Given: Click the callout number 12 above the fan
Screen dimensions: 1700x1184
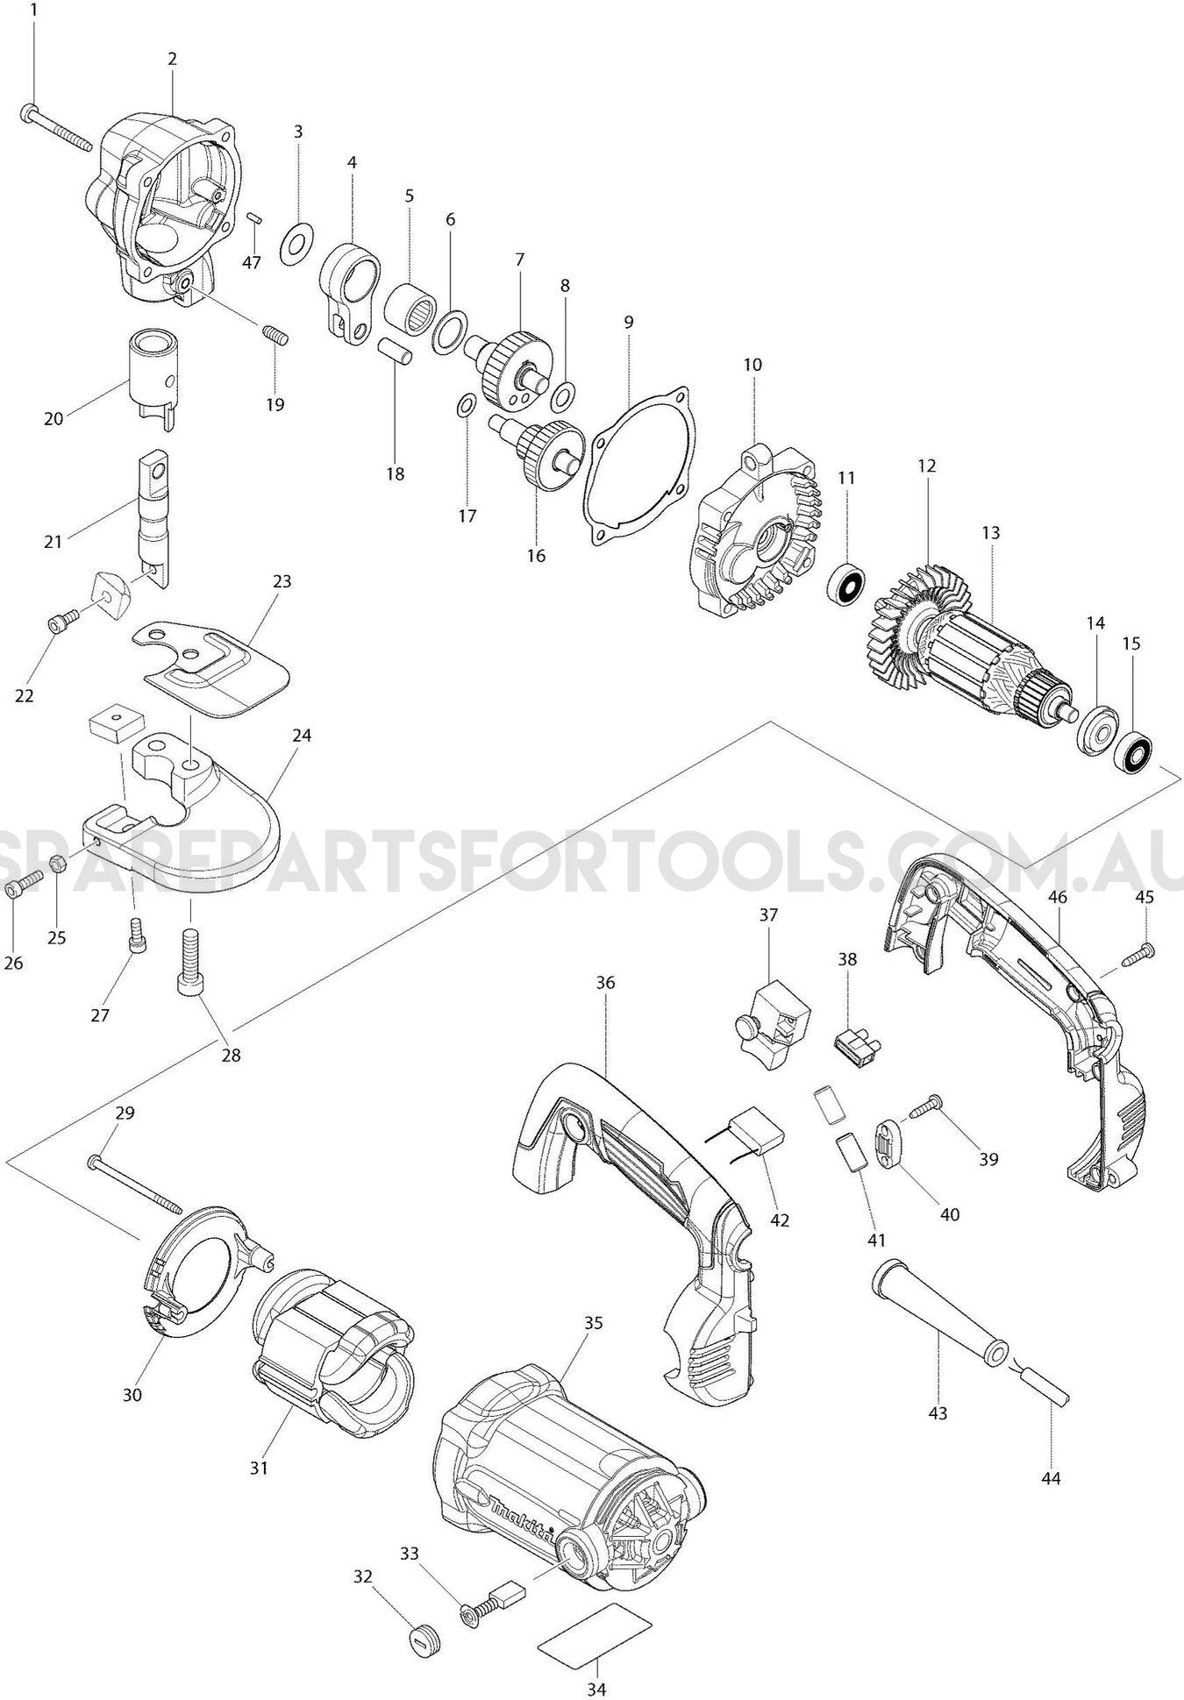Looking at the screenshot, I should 927,466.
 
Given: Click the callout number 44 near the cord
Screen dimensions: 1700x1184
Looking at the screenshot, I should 1051,1478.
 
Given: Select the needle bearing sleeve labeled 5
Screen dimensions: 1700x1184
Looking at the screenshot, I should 410,306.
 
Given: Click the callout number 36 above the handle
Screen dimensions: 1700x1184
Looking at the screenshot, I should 605,982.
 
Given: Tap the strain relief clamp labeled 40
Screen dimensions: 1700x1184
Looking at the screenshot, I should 893,1146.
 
